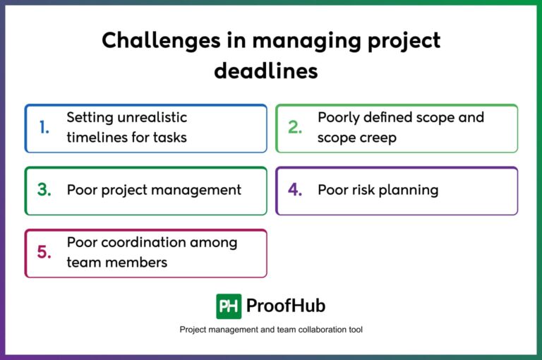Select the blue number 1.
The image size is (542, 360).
pos(44,128)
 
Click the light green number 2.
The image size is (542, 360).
pos(295,128)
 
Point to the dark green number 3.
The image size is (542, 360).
pos(44,190)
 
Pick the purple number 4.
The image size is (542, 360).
pos(295,190)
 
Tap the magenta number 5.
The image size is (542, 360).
pos(44,253)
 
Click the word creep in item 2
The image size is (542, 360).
pos(378,138)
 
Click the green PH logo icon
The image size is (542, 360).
pos(229,306)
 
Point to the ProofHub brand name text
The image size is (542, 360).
pos(286,306)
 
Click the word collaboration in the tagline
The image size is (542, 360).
pos(308,330)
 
